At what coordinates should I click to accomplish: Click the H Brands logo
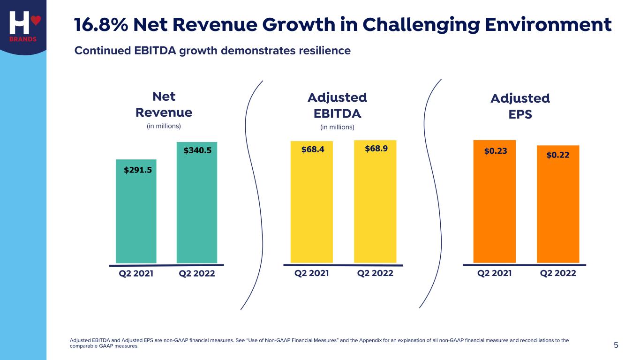[23, 26]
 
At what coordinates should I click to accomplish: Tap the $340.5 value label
[197, 150]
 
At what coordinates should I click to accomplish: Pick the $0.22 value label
[558, 155]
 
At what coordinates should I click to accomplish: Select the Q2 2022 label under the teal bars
[197, 273]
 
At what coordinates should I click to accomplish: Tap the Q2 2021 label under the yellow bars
[311, 273]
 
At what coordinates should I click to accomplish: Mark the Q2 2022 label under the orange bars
[558, 273]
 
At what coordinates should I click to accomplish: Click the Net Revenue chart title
[164, 105]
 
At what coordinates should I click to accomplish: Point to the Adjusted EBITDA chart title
[337, 105]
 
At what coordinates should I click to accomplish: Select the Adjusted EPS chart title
[520, 106]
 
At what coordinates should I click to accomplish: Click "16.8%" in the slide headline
[101, 25]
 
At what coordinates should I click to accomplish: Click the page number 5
[616, 345]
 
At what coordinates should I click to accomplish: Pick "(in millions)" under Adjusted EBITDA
[337, 127]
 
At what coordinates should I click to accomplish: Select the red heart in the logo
[36, 21]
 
